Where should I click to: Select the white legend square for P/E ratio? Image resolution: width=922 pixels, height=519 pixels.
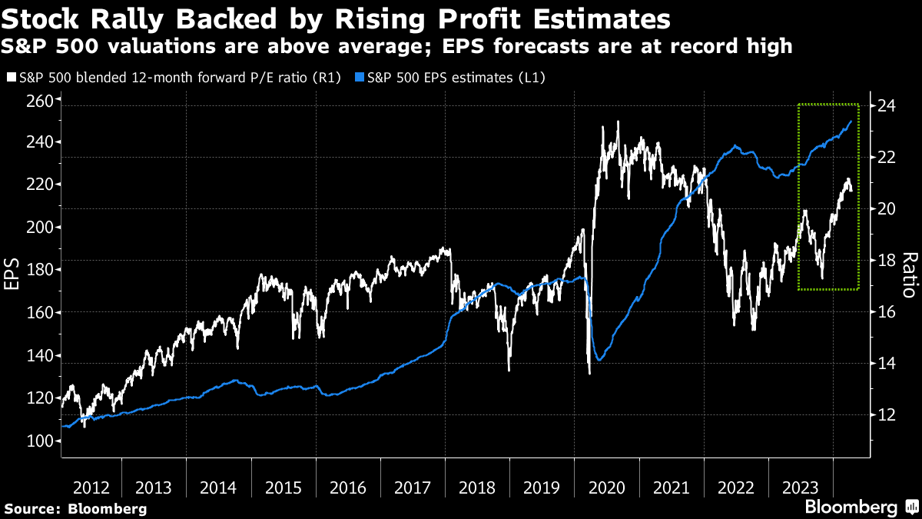(10, 78)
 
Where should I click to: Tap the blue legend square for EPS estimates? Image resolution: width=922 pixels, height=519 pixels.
(359, 78)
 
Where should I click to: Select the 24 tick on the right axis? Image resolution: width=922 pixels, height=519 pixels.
(887, 105)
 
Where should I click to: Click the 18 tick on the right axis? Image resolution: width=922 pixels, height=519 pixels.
(887, 260)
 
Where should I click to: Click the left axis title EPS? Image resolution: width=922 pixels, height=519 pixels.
(12, 273)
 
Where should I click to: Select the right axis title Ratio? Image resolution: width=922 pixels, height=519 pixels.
(910, 274)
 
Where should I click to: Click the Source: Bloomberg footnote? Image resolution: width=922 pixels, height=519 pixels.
(75, 508)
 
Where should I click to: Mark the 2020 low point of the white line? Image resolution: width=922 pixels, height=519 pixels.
(589, 374)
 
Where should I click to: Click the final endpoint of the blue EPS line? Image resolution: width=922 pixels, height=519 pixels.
(851, 121)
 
